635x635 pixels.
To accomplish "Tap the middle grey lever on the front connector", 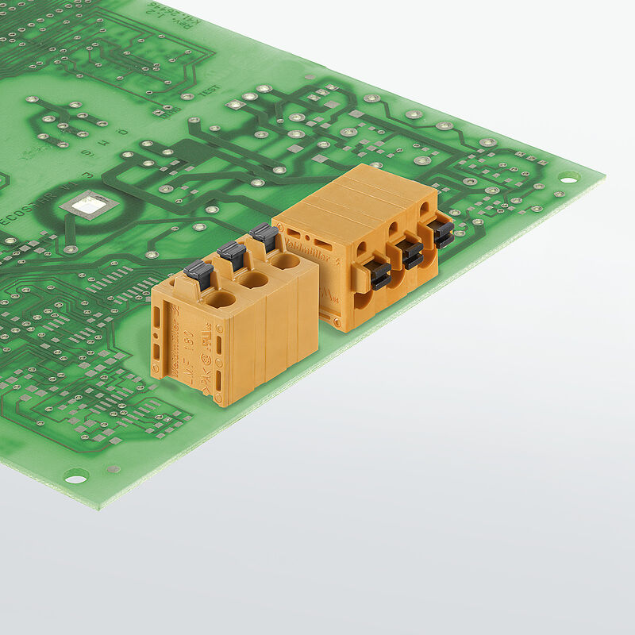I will coord(232,254).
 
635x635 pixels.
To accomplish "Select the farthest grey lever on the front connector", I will coord(264,235).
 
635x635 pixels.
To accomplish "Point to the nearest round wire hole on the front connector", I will coord(221,299).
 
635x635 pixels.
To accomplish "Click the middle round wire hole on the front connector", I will coord(254,279).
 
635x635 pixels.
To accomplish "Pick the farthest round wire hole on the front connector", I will coord(284,261).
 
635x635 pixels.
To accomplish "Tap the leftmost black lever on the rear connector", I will coord(380,275).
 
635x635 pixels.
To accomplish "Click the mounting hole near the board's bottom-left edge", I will coord(76,475).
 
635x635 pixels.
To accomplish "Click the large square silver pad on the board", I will coord(87,206).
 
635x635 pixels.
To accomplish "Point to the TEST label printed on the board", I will coord(208,92).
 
